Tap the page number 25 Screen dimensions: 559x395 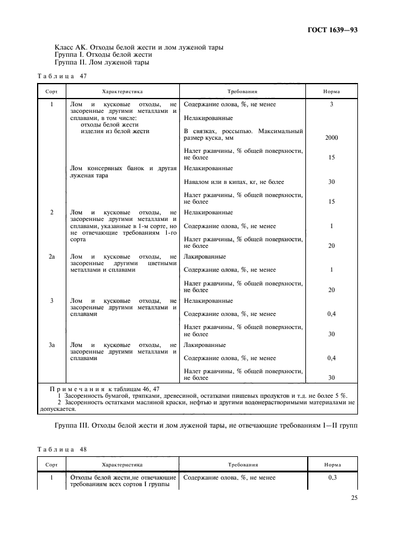coord(353,498)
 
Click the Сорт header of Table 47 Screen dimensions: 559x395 coord(51,92)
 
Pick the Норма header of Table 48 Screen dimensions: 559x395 coord(332,463)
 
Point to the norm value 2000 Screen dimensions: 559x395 coord(331,137)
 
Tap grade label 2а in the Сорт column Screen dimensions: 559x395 coord(51,257)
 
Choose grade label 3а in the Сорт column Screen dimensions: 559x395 coord(51,345)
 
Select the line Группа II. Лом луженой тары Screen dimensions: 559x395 coord(102,62)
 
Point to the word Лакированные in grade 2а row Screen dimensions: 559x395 coord(205,257)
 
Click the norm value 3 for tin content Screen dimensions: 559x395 coord(331,105)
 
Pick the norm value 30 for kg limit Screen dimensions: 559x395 coord(331,182)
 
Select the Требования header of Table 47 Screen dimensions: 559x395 coord(242,92)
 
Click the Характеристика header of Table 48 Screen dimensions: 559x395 coord(123,463)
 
